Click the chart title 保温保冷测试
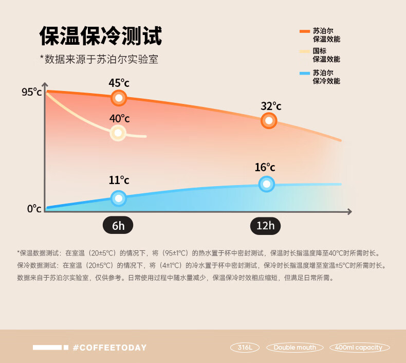pos(101,36)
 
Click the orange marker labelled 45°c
pos(119,98)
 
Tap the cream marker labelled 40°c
pos(118,133)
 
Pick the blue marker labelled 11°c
pos(119,198)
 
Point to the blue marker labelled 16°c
pos(266,184)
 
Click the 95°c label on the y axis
pos(31,92)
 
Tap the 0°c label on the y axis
pos(34,209)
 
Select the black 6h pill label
pos(118,226)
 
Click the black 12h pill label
pos(266,226)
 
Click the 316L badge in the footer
pos(245,348)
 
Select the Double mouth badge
pos(295,348)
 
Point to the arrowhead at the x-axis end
pos(349,211)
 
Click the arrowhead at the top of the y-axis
pos(45,85)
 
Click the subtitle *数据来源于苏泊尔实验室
pos(99,60)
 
